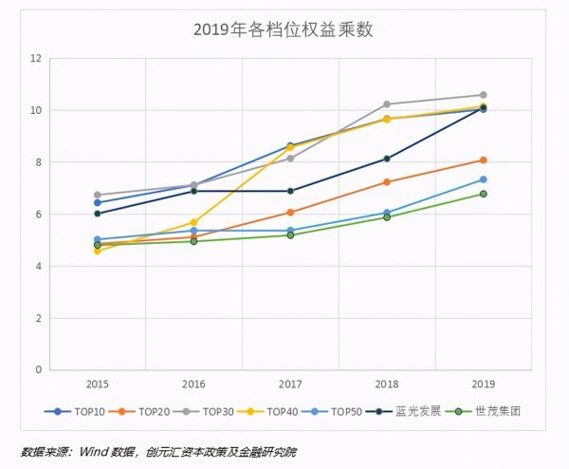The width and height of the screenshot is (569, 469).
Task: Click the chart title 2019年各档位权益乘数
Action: point(284,29)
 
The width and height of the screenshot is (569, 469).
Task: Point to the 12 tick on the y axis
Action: point(37,59)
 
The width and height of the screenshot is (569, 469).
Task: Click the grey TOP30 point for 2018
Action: point(387,104)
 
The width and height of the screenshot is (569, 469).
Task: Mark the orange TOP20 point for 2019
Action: point(483,160)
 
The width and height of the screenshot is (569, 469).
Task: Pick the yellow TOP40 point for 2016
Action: point(193,222)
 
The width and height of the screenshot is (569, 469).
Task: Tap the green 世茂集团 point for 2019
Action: point(483,194)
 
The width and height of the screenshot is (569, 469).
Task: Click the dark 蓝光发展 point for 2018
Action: point(387,159)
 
